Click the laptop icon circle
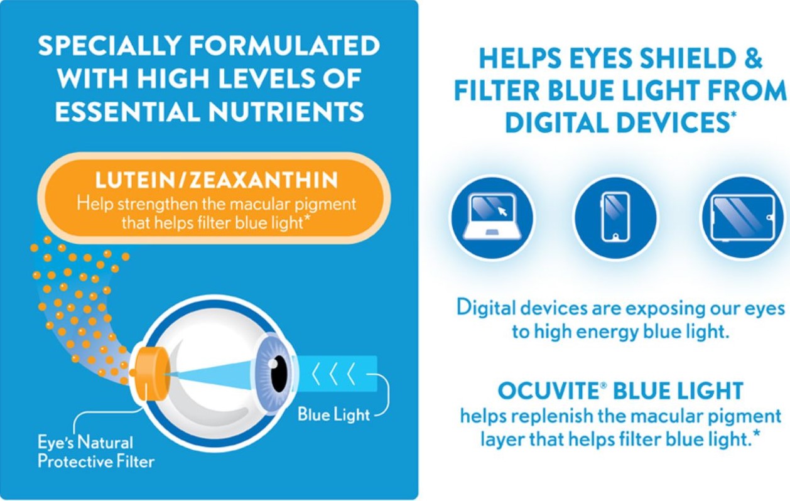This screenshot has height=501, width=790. point(493,217)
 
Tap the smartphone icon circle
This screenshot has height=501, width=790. point(615,217)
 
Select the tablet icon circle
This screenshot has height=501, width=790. point(743,217)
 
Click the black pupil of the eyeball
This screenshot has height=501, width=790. point(279,374)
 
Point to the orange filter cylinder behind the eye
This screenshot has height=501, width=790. point(150,374)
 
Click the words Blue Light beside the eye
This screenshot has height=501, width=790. point(333,414)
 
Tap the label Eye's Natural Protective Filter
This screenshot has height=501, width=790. point(96,452)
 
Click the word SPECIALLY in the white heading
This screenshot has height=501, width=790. point(109,45)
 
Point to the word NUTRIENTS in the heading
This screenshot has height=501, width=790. point(286,111)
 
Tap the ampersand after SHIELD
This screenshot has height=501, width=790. point(754,58)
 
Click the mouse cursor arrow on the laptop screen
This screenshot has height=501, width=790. point(502,211)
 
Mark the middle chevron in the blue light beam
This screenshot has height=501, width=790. point(333,374)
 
